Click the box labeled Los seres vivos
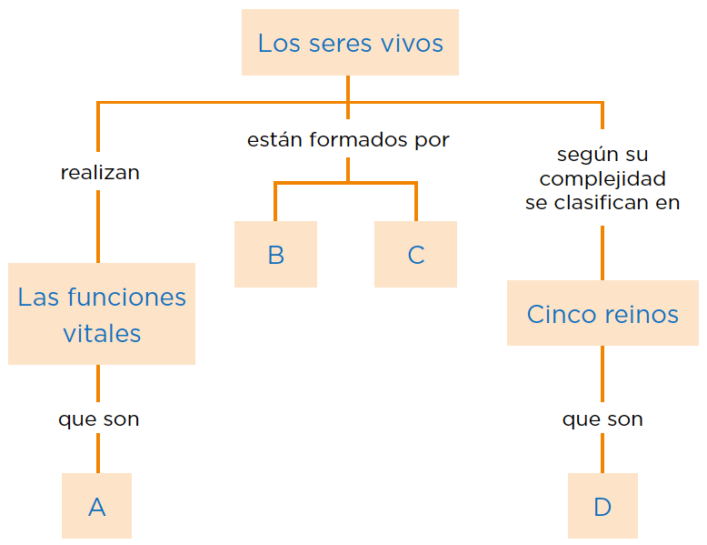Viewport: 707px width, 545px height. point(350,43)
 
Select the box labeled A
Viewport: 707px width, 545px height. point(97,506)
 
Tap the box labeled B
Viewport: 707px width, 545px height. point(275,255)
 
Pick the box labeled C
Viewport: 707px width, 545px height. point(415,255)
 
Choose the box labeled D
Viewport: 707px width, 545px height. point(602,506)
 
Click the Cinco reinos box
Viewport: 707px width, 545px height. point(602,314)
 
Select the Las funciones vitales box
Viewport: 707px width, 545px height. point(102,314)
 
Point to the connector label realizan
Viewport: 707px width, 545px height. point(100,172)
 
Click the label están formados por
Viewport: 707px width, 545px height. point(348,140)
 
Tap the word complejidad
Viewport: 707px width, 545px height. point(602,178)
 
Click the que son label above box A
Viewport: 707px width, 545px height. point(99,419)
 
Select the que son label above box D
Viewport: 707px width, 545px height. point(602,419)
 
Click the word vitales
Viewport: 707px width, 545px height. point(102,333)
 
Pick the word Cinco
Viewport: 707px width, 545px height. point(560,314)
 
